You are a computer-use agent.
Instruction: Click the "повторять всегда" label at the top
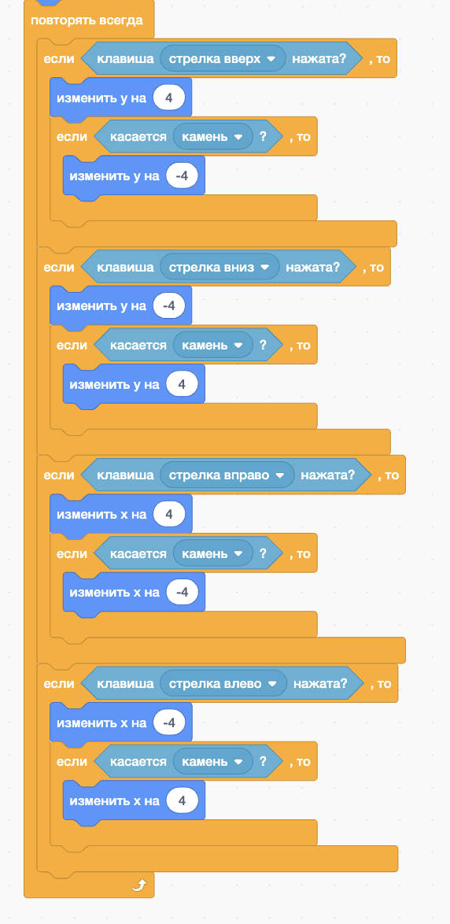[x=87, y=20]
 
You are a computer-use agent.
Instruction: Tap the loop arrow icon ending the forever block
[x=139, y=885]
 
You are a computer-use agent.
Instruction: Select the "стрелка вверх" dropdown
[x=223, y=59]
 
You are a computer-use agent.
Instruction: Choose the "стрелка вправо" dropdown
[x=227, y=475]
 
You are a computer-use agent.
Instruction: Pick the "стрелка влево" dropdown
[x=223, y=684]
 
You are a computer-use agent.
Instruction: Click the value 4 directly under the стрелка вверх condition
[x=169, y=98]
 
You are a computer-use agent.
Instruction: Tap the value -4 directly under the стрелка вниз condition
[x=169, y=305]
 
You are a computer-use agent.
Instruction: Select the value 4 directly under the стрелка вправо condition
[x=169, y=514]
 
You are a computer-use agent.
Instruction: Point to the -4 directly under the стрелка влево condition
[x=169, y=722]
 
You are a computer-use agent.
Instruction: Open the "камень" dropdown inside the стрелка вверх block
[x=212, y=137]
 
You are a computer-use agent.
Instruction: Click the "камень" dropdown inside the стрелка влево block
[x=212, y=761]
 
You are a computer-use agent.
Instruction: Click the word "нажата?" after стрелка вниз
[x=313, y=267]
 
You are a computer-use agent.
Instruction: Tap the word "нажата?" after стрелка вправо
[x=327, y=475]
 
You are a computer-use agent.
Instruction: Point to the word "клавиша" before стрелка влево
[x=125, y=684]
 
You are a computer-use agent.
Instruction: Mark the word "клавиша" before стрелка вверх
[x=125, y=59]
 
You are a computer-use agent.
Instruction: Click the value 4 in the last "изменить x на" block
[x=182, y=800]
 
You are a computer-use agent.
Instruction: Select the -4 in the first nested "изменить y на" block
[x=182, y=176]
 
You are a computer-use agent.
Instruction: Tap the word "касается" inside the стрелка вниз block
[x=138, y=345]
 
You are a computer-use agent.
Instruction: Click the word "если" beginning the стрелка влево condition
[x=59, y=684]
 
